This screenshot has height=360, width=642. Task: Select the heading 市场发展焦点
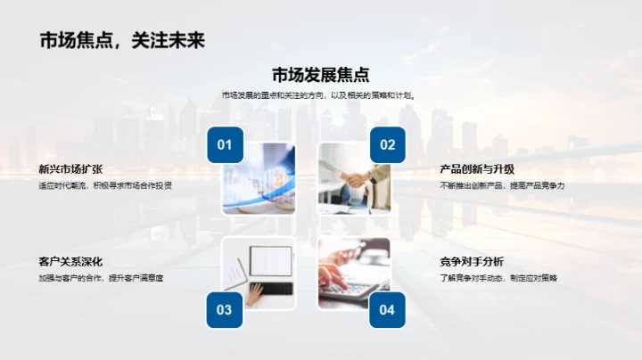click(x=320, y=75)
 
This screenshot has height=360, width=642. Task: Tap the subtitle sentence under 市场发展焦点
click(x=320, y=95)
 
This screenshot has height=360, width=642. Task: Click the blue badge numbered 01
click(x=225, y=145)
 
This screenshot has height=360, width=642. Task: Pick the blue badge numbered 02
click(x=387, y=145)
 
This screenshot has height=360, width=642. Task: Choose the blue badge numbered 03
click(x=225, y=309)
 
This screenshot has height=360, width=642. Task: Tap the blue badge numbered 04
click(x=387, y=309)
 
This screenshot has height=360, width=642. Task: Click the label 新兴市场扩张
click(x=70, y=168)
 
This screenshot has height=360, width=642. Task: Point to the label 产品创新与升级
click(x=477, y=168)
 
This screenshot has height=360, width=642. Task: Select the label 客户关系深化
click(x=70, y=261)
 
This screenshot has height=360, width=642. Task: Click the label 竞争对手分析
click(x=472, y=261)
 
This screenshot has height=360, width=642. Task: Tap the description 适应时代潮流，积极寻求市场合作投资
click(x=105, y=185)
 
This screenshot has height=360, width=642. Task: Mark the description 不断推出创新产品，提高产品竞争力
click(x=503, y=185)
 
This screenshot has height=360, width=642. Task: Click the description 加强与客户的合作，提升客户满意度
click(x=101, y=278)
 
